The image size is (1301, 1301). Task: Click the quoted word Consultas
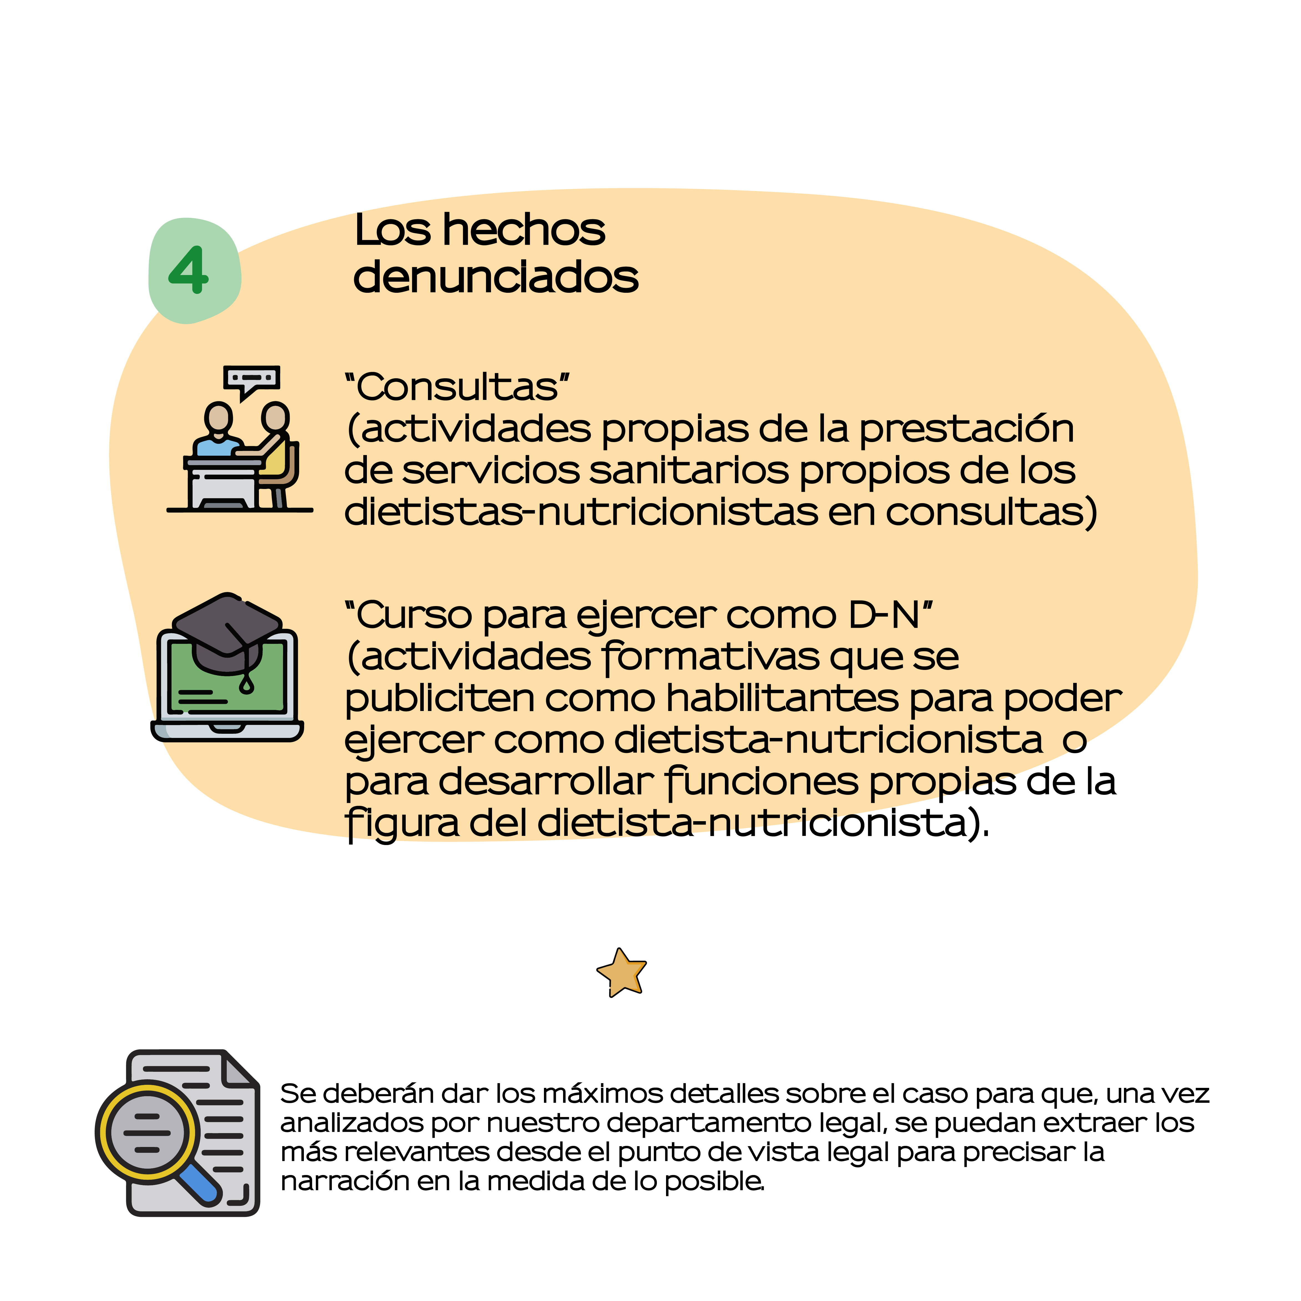tap(457, 387)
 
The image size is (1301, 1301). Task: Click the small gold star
tap(622, 972)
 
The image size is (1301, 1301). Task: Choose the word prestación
tap(966, 430)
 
